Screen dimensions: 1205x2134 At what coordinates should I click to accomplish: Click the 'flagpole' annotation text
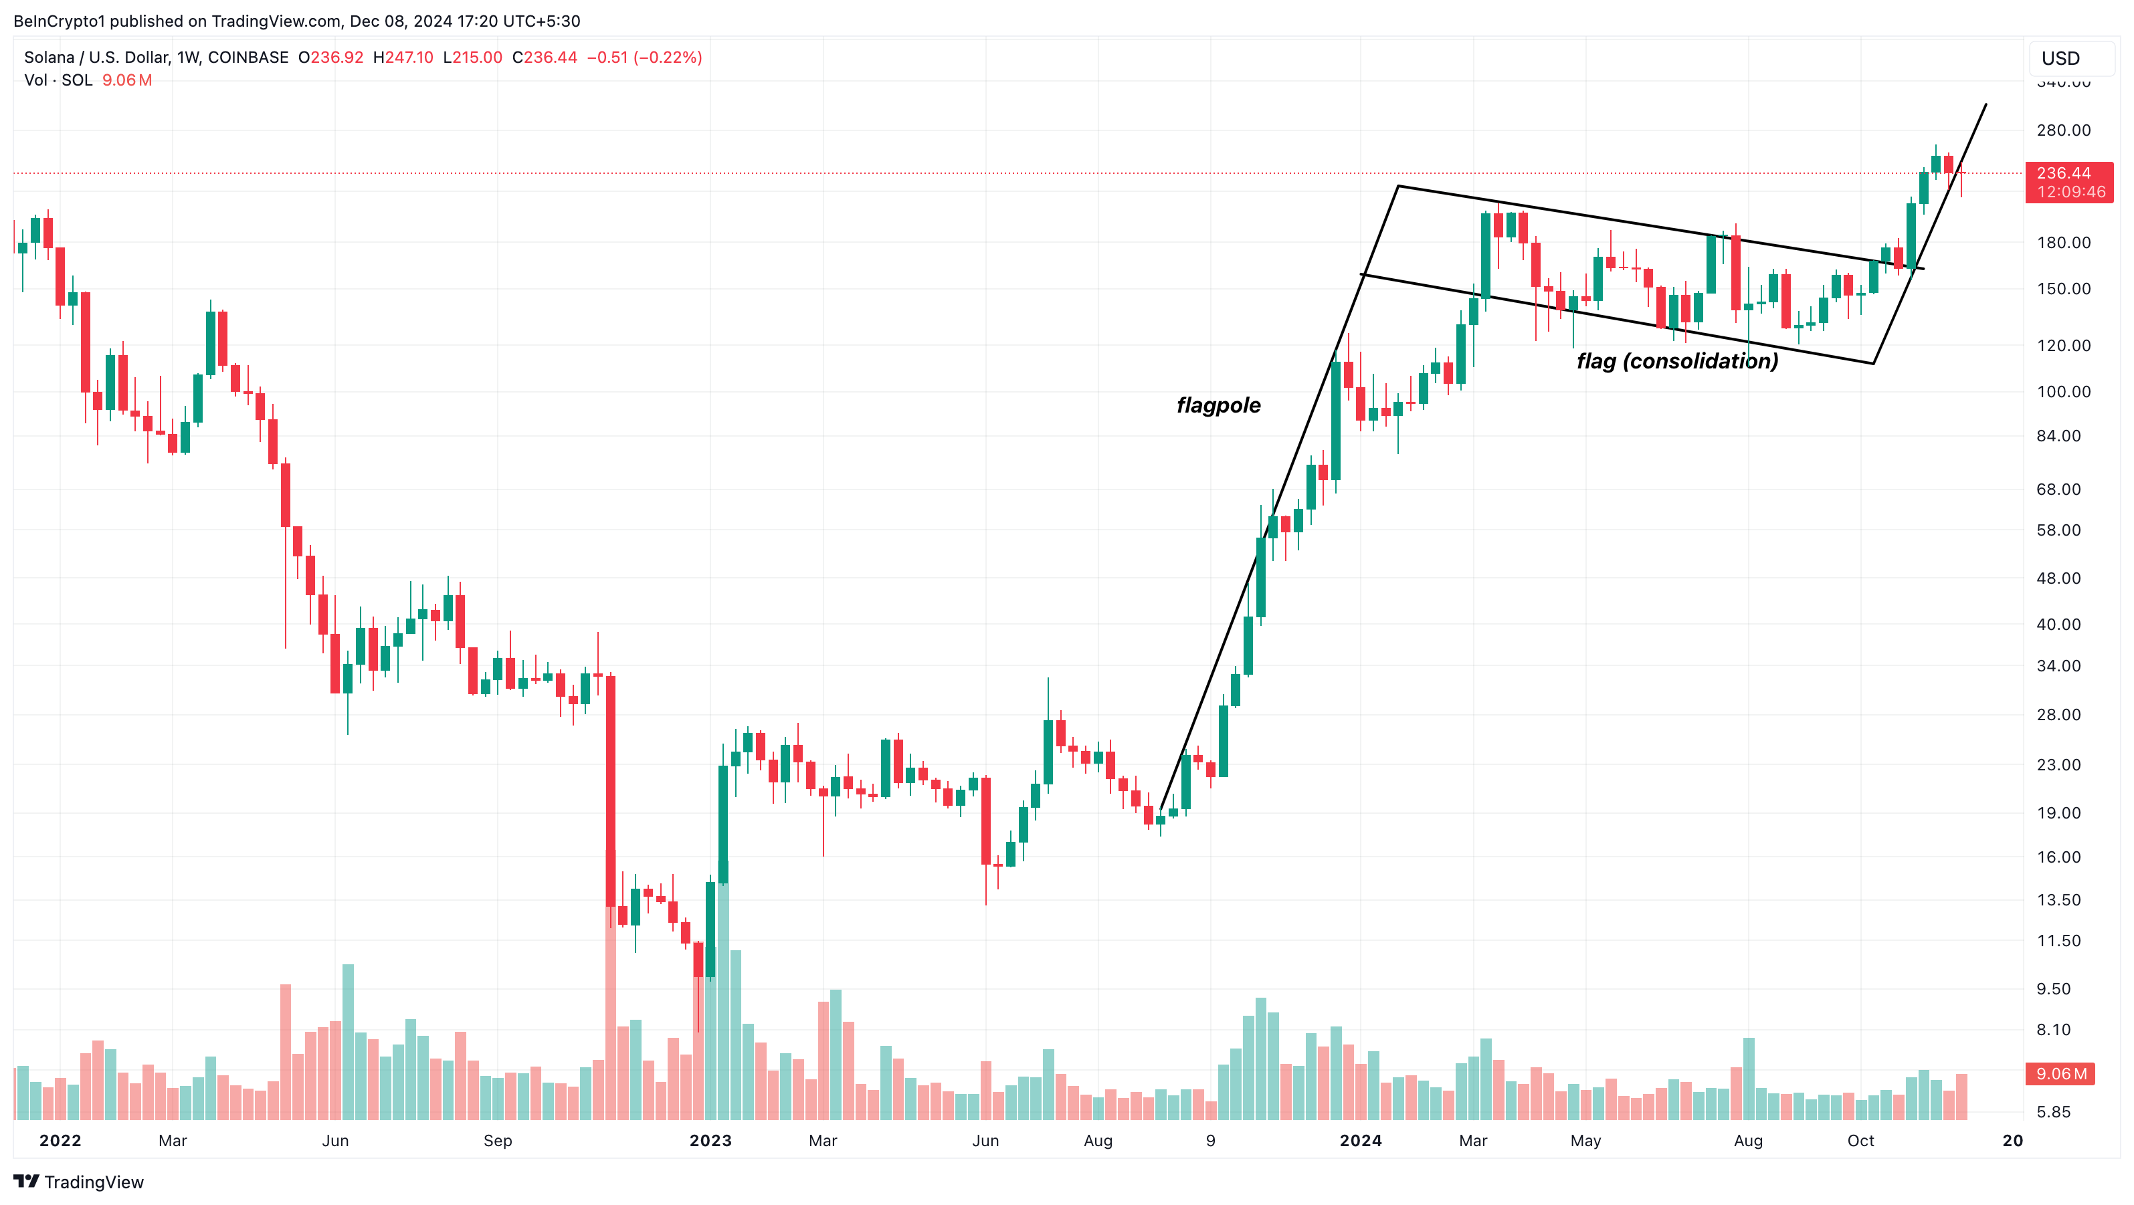[1218, 405]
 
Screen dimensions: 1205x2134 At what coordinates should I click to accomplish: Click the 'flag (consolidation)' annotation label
[1676, 361]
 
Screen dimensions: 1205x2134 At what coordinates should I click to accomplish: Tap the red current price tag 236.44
[2068, 181]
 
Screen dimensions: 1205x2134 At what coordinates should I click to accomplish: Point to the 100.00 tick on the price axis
[2063, 392]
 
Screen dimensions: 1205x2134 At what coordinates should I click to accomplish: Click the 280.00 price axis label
[2063, 130]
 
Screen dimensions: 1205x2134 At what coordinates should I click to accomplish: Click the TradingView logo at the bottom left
[79, 1182]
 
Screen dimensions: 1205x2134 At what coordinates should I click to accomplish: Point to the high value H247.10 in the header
[403, 57]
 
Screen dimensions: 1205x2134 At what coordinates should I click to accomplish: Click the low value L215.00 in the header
[472, 57]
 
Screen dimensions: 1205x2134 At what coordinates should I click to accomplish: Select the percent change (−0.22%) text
[667, 57]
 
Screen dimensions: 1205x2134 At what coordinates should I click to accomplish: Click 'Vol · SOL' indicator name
[58, 80]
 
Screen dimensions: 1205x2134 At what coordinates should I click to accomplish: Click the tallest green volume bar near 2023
[722, 994]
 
